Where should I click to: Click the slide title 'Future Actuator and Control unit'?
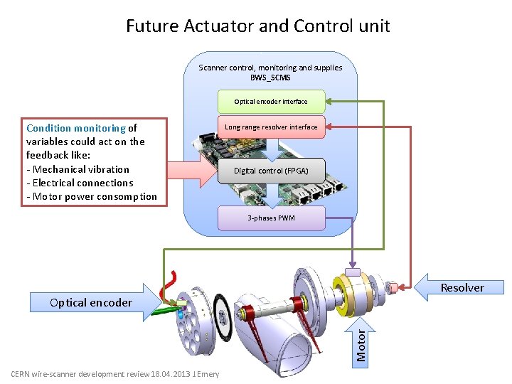(x=257, y=26)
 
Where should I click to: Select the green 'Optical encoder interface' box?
(x=271, y=101)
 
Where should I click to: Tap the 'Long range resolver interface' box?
(x=271, y=127)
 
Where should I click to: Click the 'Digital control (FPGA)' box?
(x=271, y=171)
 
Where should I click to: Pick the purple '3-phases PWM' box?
(x=271, y=218)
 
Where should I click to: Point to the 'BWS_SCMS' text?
(x=270, y=77)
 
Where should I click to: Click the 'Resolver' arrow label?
(x=462, y=288)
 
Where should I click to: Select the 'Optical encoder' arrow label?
(x=91, y=302)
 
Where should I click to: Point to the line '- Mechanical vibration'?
(x=78, y=169)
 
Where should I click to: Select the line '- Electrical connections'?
(x=80, y=183)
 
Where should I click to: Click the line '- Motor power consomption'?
(x=92, y=196)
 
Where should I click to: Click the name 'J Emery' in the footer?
(x=208, y=374)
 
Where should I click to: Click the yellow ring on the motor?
(x=356, y=292)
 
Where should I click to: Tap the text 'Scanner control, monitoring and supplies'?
(x=270, y=68)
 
